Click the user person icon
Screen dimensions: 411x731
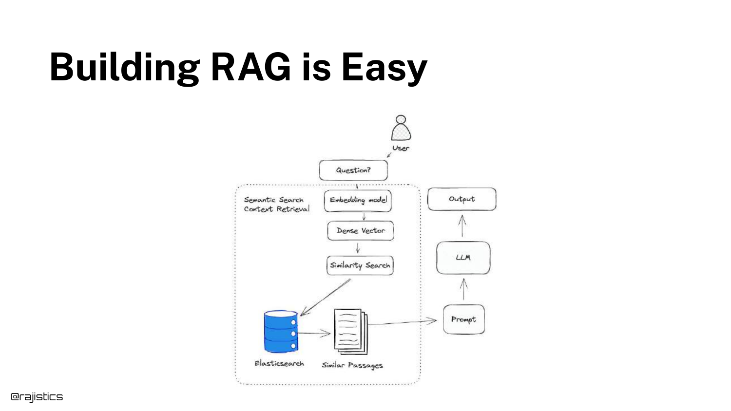tap(401, 128)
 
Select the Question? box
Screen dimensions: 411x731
tap(353, 170)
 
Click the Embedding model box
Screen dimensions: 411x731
tap(358, 200)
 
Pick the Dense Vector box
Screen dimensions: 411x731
tap(361, 231)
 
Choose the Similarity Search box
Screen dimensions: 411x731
tap(360, 265)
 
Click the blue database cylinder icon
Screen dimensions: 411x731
tap(281, 331)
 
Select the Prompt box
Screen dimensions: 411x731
tap(463, 319)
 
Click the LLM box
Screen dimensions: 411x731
tap(463, 258)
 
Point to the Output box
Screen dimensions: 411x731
tap(462, 199)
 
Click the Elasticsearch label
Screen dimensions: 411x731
tap(279, 364)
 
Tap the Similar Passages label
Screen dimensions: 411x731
tap(352, 365)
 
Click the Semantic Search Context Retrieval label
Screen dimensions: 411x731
tap(276, 205)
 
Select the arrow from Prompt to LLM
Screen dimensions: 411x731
tap(464, 289)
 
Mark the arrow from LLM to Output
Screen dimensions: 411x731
tap(462, 226)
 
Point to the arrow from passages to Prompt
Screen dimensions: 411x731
tap(402, 322)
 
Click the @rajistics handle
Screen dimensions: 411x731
tap(37, 397)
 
